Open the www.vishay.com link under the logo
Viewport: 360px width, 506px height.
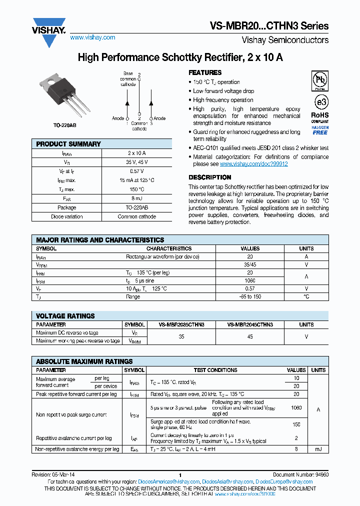pyautogui.click(x=92, y=37)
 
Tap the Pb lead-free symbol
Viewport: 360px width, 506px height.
pyautogui.click(x=320, y=80)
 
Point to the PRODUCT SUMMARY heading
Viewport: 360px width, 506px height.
pyautogui.click(x=68, y=144)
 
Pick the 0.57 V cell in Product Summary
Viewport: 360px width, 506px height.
pyautogui.click(x=137, y=171)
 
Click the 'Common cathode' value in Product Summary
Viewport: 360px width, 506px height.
pyautogui.click(x=137, y=216)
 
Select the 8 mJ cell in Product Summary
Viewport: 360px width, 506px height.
pyautogui.click(x=137, y=198)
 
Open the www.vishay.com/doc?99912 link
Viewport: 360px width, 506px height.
pyautogui.click(x=253, y=164)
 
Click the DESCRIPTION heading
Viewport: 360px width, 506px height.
pyautogui.click(x=209, y=177)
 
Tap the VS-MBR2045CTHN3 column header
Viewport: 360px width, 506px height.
pyautogui.click(x=250, y=324)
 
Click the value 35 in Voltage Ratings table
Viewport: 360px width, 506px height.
pyautogui.click(x=181, y=336)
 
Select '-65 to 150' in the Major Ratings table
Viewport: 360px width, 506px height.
pyautogui.click(x=250, y=296)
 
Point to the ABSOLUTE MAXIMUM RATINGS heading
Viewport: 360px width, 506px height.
pyautogui.click(x=84, y=361)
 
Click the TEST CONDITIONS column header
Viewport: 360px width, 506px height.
pyautogui.click(x=215, y=370)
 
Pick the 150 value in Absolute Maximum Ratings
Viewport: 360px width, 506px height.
pyautogui.click(x=296, y=424)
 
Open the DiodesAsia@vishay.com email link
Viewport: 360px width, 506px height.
pyautogui.click(x=227, y=482)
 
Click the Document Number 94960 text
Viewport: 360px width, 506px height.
pyautogui.click(x=300, y=474)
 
